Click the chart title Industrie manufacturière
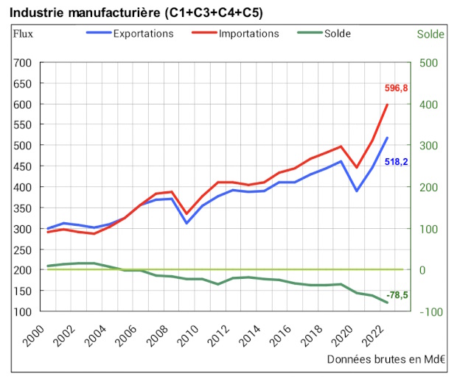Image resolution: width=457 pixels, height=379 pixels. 137,13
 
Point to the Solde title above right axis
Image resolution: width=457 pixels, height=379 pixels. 430,34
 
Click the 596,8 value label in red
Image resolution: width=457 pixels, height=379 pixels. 397,88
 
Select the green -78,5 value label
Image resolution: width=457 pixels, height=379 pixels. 397,296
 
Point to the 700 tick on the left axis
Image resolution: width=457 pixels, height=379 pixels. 23,63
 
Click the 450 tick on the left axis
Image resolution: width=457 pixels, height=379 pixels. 23,166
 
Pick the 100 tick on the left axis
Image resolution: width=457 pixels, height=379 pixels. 23,312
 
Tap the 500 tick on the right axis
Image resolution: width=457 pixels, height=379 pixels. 428,63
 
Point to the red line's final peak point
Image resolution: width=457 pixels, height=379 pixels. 388,104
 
